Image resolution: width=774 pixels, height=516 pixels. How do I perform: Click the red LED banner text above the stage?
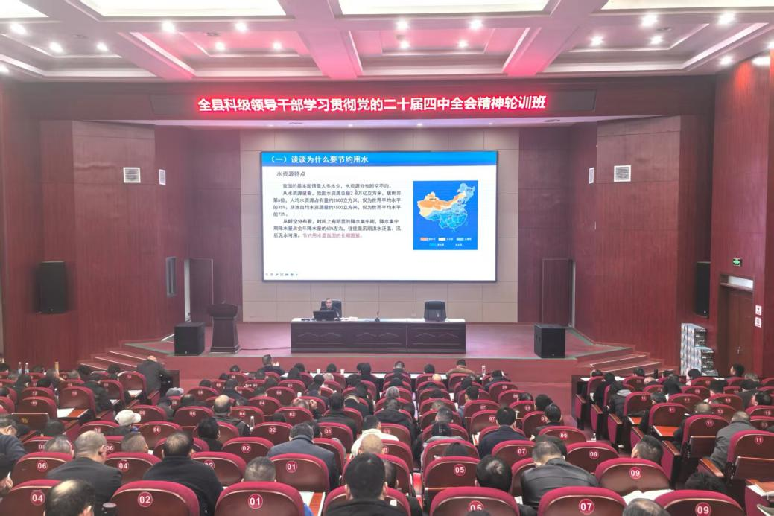pyautogui.click(x=372, y=103)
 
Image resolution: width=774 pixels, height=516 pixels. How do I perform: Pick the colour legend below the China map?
pyautogui.click(x=445, y=242)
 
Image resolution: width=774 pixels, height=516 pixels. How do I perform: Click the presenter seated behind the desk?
pyautogui.click(x=327, y=306)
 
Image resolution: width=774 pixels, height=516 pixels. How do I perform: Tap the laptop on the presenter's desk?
pyautogui.click(x=325, y=315)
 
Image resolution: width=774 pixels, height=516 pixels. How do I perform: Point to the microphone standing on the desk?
pyautogui.click(x=377, y=315)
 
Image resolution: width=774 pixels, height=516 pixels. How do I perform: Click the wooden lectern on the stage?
pyautogui.click(x=223, y=328)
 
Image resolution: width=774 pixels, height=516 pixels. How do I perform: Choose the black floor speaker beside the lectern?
pyautogui.click(x=189, y=338)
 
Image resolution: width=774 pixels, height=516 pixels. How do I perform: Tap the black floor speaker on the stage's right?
pyautogui.click(x=549, y=340)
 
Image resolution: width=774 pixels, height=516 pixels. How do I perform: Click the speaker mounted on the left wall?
pyautogui.click(x=52, y=287)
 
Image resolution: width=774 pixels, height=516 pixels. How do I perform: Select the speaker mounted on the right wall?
pyautogui.click(x=702, y=289)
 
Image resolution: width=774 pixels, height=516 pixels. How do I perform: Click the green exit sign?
pyautogui.click(x=736, y=262)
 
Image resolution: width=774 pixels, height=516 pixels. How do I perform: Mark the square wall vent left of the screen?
pyautogui.click(x=132, y=175)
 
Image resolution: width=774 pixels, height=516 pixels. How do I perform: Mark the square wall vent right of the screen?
pyautogui.click(x=622, y=173)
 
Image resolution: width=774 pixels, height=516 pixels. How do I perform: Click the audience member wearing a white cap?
pyautogui.click(x=127, y=418)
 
